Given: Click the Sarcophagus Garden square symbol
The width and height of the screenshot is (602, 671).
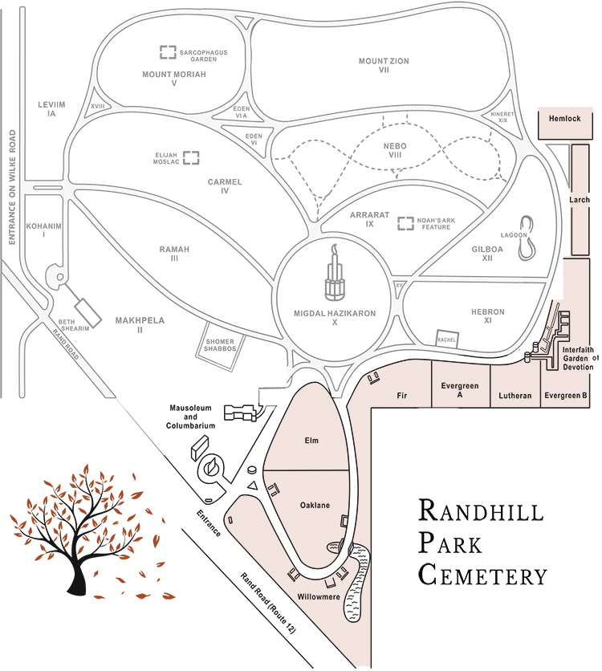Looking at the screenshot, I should point(168,52).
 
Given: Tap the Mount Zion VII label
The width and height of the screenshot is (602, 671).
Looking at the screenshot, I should point(384,65).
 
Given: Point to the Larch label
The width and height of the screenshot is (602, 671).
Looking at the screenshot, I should point(579,200).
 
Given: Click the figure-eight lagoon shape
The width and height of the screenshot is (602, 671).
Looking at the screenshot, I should point(527,238).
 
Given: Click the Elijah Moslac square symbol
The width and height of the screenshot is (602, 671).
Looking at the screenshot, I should point(191,157).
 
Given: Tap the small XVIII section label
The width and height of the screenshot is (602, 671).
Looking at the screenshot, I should point(99,106).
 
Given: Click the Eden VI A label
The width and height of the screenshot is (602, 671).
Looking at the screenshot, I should point(241,112).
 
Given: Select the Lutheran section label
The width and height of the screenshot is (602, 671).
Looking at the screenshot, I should point(515,396).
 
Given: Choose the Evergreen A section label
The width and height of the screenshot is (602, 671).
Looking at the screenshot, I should point(460,391).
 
